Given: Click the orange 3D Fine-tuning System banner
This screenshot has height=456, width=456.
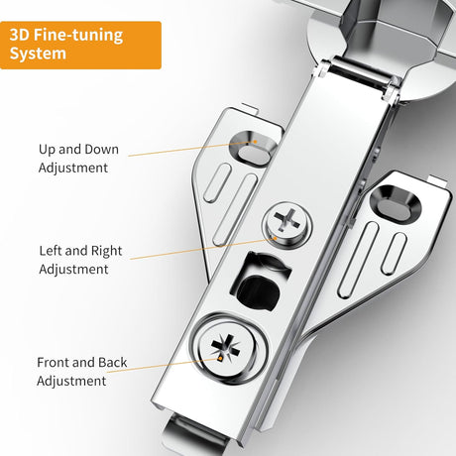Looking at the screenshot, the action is pyautogui.click(x=80, y=45).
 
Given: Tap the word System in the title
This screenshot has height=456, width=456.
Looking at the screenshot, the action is pyautogui.click(x=38, y=54).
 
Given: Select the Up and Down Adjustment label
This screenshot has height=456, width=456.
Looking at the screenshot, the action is pyautogui.click(x=78, y=159).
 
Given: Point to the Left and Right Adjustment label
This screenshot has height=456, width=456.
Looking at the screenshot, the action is pyautogui.click(x=80, y=260).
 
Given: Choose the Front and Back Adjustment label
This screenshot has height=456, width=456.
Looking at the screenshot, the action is pyautogui.click(x=81, y=372).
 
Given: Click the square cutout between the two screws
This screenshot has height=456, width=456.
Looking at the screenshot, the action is pyautogui.click(x=261, y=282).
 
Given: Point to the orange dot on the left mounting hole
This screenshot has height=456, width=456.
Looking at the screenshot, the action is pyautogui.click(x=255, y=142).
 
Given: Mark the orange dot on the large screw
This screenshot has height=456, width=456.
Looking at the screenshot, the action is pyautogui.click(x=219, y=358).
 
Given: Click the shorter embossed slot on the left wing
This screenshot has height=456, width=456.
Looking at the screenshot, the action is pyautogui.click(x=217, y=182).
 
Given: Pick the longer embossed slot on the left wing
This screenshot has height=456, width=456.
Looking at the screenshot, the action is pyautogui.click(x=235, y=209).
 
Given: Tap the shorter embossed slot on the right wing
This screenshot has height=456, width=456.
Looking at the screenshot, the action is pyautogui.click(x=394, y=254).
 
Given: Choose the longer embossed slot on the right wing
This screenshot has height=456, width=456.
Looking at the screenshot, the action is pyautogui.click(x=359, y=260).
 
